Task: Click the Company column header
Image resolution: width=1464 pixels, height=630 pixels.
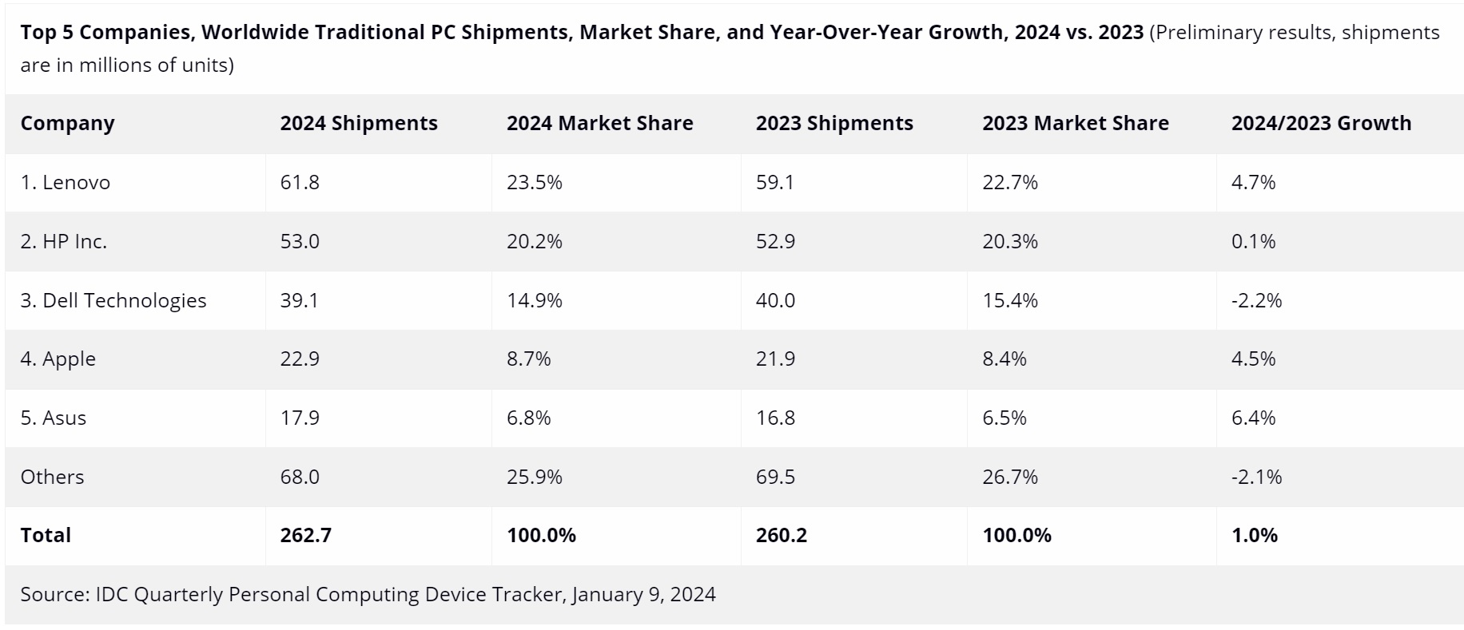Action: pos(67,124)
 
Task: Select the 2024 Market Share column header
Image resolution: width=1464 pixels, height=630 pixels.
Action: pos(599,124)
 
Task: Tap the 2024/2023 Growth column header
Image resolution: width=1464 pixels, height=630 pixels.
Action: pos(1321,124)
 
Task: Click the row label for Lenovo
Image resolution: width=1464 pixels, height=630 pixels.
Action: pos(66,183)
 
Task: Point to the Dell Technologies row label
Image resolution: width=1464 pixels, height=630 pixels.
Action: pos(113,300)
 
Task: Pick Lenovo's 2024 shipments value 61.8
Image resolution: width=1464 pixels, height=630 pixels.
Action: pos(300,183)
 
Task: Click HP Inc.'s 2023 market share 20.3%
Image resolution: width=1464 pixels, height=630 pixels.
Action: pos(1009,241)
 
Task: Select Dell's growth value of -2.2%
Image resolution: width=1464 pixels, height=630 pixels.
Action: pos(1256,300)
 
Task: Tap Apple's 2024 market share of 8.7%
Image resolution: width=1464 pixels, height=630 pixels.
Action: pos(528,359)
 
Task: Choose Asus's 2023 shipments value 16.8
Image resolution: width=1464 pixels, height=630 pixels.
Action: pos(775,418)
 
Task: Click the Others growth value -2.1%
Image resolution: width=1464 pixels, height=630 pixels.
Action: pos(1256,477)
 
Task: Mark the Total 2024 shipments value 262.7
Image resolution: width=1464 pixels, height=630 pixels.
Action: pos(305,535)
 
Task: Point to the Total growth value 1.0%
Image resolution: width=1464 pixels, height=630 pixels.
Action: pos(1254,535)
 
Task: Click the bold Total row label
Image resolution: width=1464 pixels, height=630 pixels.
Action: pos(46,535)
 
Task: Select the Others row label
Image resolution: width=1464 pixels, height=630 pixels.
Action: pos(52,477)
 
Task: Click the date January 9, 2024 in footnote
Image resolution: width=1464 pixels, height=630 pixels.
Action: pos(643,595)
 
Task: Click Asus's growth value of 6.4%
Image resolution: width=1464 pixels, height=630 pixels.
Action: pos(1253,418)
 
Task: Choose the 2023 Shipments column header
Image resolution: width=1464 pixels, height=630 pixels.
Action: pos(834,124)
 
